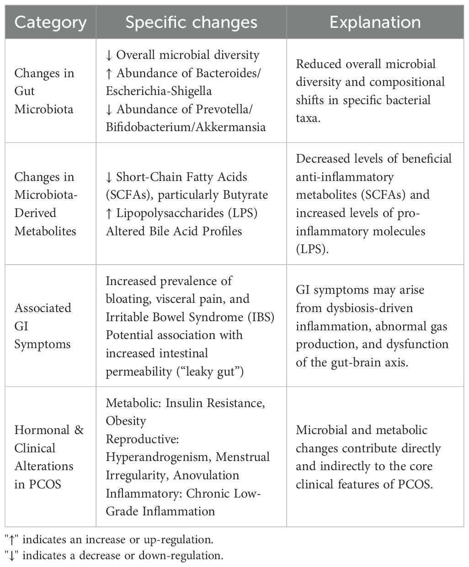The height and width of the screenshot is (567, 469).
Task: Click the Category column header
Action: coord(50,22)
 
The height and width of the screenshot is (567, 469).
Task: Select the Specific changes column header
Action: coord(191,22)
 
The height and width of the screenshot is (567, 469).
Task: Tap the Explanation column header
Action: coord(375,22)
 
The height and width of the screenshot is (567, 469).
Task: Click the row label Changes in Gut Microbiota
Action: coord(44,91)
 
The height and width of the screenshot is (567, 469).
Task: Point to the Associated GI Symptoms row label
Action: coord(43,326)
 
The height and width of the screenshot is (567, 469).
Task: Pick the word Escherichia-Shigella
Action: coord(159,91)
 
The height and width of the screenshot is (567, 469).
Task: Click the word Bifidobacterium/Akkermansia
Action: coord(186,127)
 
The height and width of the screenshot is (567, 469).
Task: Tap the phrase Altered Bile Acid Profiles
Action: coord(174,231)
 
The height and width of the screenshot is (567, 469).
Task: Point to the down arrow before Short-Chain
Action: coord(109,177)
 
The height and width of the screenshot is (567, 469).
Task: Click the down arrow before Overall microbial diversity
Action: coord(109,55)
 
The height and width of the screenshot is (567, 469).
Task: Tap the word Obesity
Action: coord(126,421)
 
